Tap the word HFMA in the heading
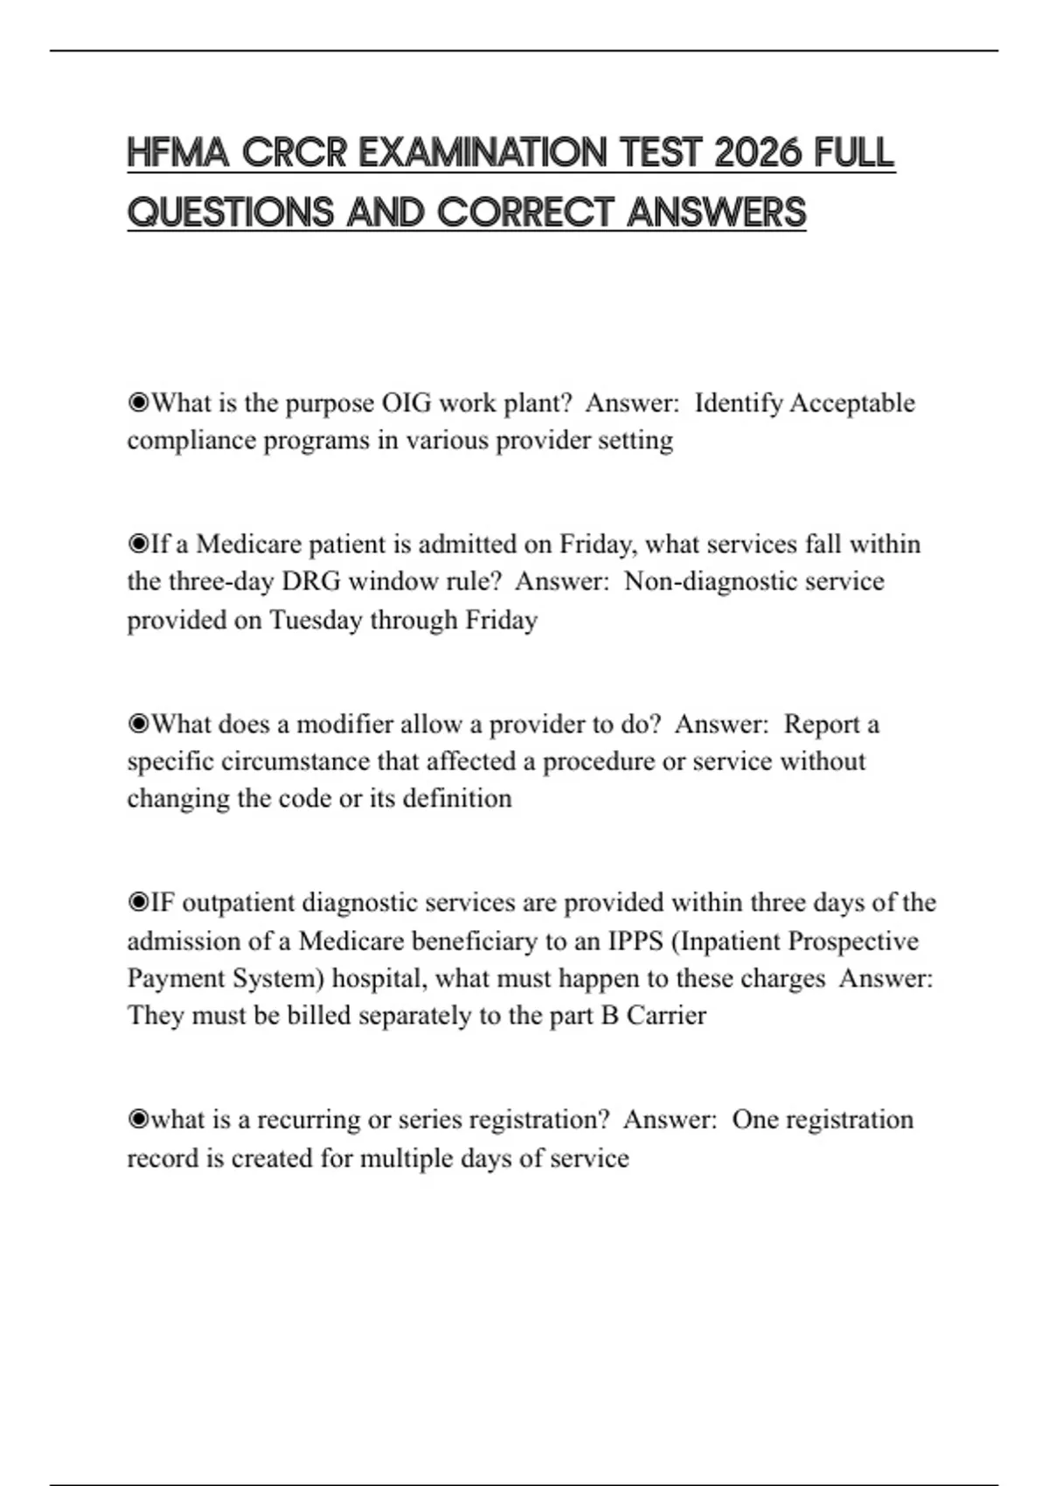(178, 153)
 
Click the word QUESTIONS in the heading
(231, 212)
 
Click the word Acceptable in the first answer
(852, 403)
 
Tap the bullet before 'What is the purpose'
(138, 403)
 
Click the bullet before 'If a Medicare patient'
(138, 545)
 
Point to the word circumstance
(295, 761)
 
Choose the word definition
(457, 798)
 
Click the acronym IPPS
(636, 941)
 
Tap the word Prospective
(853, 941)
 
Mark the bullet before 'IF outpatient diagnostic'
(138, 903)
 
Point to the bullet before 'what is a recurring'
(138, 1120)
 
